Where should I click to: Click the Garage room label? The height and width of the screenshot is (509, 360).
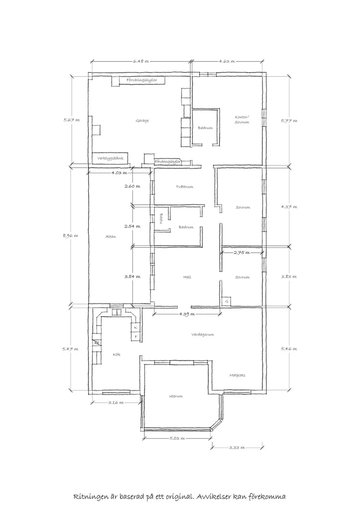pyautogui.click(x=142, y=120)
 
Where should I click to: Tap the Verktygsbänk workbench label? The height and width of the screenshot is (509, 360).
pyautogui.click(x=110, y=158)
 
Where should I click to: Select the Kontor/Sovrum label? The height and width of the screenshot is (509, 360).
pyautogui.click(x=242, y=120)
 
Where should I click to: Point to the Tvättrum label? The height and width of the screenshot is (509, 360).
pyautogui.click(x=184, y=186)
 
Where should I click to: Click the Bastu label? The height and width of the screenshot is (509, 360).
pyautogui.click(x=161, y=218)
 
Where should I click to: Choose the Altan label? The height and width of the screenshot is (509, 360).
pyautogui.click(x=110, y=236)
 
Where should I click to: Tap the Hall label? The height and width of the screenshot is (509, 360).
pyautogui.click(x=187, y=277)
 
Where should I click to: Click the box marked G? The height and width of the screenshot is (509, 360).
pyautogui.click(x=227, y=302)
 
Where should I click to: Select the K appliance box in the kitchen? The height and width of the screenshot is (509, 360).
pyautogui.click(x=136, y=327)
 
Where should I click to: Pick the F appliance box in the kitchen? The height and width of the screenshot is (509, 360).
pyautogui.click(x=136, y=337)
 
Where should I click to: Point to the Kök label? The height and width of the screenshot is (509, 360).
pyautogui.click(x=117, y=354)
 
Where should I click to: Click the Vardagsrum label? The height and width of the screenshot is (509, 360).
pyautogui.click(x=202, y=334)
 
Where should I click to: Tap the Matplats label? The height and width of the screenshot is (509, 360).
pyautogui.click(x=237, y=375)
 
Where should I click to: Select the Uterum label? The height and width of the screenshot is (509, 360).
pyautogui.click(x=175, y=396)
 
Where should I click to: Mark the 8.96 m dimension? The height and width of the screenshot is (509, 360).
pyautogui.click(x=72, y=236)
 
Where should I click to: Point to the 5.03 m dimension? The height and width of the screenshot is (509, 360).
pyautogui.click(x=177, y=438)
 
